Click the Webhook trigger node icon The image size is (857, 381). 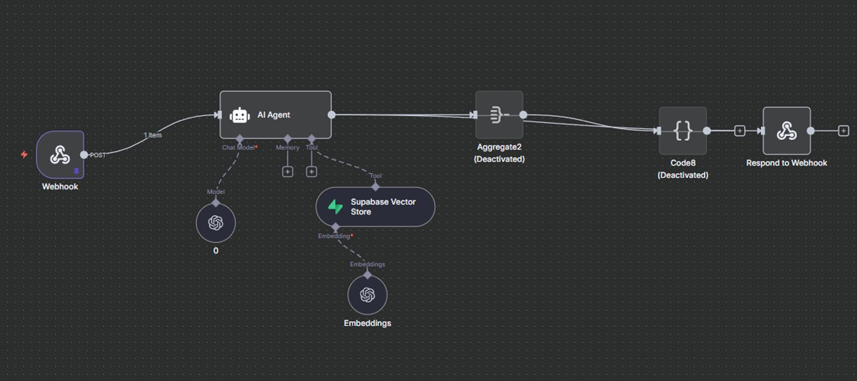pyautogui.click(x=60, y=154)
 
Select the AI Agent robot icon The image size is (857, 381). pyautogui.click(x=240, y=115)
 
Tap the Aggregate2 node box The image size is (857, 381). pyautogui.click(x=499, y=115)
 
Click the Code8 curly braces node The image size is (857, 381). pyautogui.click(x=682, y=131)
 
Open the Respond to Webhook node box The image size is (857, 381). pyautogui.click(x=787, y=131)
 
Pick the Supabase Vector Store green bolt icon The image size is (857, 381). pyautogui.click(x=336, y=207)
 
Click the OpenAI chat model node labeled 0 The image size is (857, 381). pyautogui.click(x=216, y=223)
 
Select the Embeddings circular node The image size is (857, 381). pyautogui.click(x=367, y=295)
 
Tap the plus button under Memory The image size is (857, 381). pyautogui.click(x=288, y=171)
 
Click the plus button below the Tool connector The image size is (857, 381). pyautogui.click(x=311, y=171)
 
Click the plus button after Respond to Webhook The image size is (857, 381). pyautogui.click(x=843, y=131)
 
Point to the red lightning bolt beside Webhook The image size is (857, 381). pyautogui.click(x=24, y=154)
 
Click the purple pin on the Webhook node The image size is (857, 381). pyautogui.click(x=77, y=171)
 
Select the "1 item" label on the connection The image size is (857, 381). pyautogui.click(x=152, y=135)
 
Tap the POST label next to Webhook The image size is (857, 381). pyautogui.click(x=97, y=155)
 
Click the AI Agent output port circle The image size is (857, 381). pyautogui.click(x=332, y=115)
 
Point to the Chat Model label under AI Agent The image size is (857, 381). pyautogui.click(x=239, y=148)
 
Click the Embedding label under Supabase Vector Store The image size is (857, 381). pyautogui.click(x=334, y=236)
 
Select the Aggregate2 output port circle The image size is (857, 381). pyautogui.click(x=523, y=115)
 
